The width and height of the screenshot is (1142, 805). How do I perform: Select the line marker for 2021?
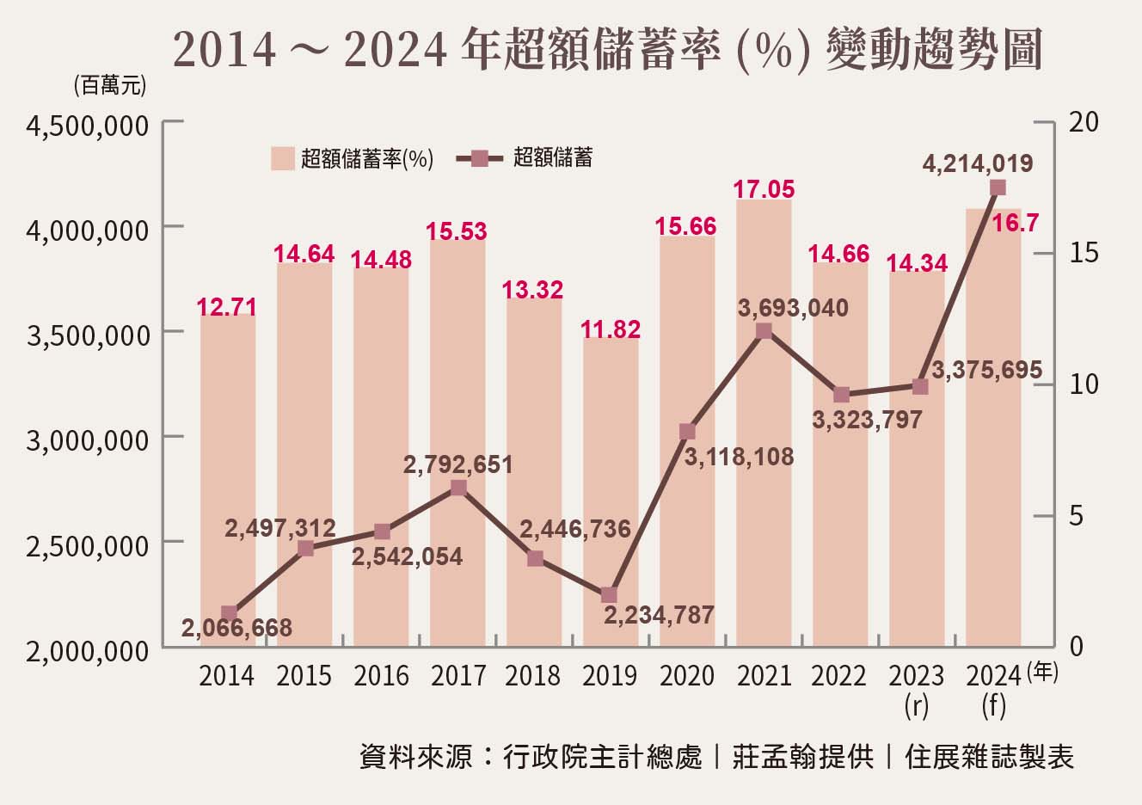click(764, 331)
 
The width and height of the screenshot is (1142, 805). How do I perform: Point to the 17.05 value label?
click(764, 189)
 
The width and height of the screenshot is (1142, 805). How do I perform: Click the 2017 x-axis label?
click(458, 676)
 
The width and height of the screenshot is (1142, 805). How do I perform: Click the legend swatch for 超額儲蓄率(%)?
click(283, 158)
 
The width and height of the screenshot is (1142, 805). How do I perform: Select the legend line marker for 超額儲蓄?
click(480, 158)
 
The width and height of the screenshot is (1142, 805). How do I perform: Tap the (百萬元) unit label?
click(109, 85)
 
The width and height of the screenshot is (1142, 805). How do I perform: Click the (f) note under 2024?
click(993, 706)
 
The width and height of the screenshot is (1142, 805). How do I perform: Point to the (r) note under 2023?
click(917, 706)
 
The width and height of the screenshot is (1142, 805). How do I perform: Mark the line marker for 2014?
click(228, 613)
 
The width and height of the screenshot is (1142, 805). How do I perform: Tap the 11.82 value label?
click(611, 329)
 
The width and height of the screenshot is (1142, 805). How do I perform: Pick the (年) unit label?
click(1042, 672)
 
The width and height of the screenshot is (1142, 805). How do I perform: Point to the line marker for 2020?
click(686, 432)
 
